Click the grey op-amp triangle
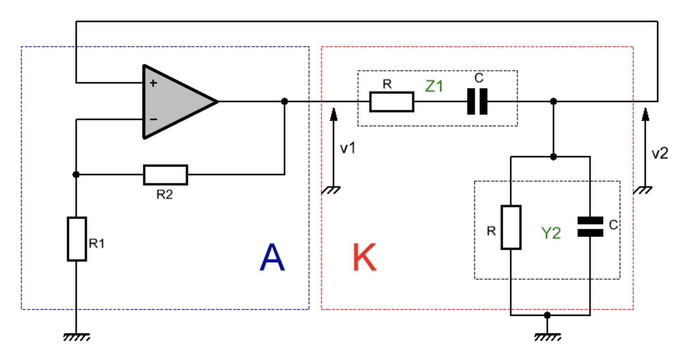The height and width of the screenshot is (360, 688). tap(175, 101)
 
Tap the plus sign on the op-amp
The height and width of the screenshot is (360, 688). tap(153, 83)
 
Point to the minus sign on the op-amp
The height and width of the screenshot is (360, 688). tap(154, 119)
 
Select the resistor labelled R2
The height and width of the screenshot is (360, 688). tap(166, 175)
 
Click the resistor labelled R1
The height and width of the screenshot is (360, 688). tap(77, 239)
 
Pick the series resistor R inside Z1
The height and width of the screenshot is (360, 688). tap(391, 102)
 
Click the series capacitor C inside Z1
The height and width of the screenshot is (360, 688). tap(477, 101)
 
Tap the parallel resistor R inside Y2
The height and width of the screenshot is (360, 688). tap(511, 227)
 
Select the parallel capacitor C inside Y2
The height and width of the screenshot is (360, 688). tap(590, 227)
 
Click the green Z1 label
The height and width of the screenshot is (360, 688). tap(434, 86)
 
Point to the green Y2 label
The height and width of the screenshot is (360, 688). tap(551, 233)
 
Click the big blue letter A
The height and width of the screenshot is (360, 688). tap(272, 257)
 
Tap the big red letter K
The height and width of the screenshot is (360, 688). tap(364, 257)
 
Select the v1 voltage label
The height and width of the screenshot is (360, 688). tap(347, 148)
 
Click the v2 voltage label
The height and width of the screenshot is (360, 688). tap(660, 154)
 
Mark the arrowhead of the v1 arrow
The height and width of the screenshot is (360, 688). tap(334, 114)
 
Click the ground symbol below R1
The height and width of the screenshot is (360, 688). tap(77, 337)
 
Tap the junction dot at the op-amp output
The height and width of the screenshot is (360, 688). tap(285, 101)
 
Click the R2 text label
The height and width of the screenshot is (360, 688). tap(164, 194)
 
